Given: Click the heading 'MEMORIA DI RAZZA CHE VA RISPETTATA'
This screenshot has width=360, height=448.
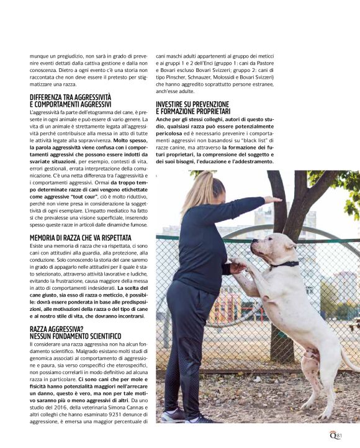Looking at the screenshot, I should (x=81, y=238).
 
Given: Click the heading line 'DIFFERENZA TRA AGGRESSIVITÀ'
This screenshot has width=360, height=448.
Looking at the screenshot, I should (x=71, y=97).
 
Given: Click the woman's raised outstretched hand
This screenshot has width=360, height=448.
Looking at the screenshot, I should (x=272, y=200).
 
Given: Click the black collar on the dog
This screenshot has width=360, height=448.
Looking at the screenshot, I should (x=286, y=264).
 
